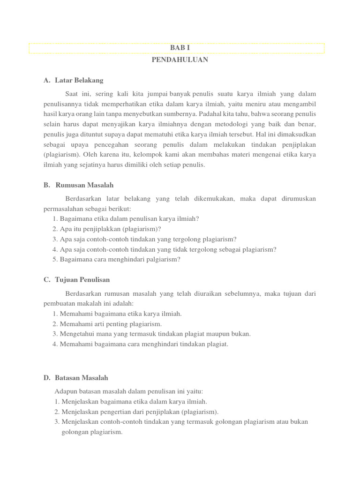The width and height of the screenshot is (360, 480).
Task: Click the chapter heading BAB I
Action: pos(180,48)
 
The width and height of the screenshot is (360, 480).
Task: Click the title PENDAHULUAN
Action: pos(180,60)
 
